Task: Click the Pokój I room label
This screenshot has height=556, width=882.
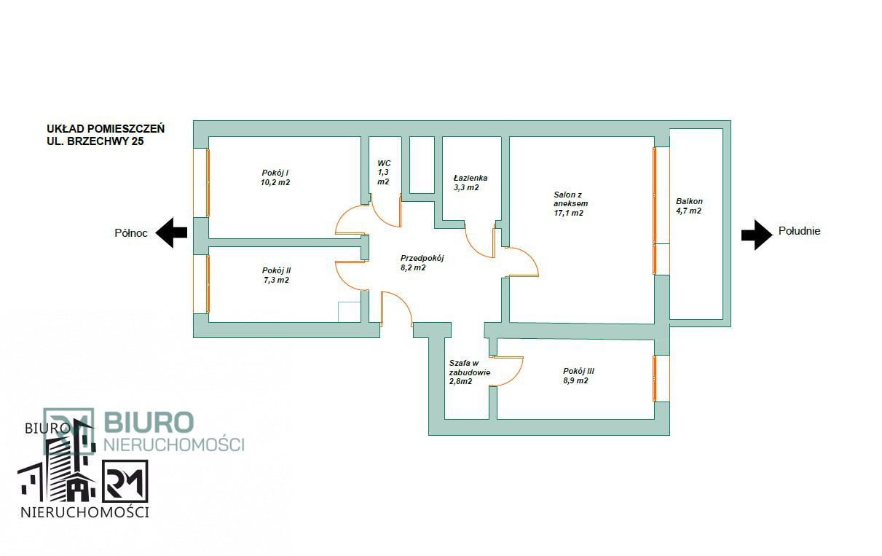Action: tap(275, 178)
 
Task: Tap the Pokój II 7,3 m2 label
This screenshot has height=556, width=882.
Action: tap(276, 275)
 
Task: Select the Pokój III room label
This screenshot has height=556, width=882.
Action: tap(578, 376)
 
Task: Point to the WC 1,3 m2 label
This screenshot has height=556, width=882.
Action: tap(384, 172)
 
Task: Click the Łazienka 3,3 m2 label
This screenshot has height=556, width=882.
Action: tap(470, 183)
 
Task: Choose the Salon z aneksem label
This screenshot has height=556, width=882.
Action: tap(570, 204)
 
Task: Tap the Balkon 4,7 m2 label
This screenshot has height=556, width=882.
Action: tap(689, 206)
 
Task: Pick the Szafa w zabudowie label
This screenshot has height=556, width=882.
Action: tap(469, 372)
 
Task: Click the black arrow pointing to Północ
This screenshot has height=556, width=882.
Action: tap(171, 232)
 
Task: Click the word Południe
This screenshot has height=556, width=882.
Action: tap(799, 231)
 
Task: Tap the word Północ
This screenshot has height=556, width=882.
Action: tap(130, 233)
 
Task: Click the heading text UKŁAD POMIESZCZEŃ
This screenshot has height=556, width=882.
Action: tap(106, 128)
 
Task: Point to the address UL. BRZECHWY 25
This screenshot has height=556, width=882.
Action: tap(95, 141)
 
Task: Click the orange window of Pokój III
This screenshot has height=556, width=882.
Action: tap(655, 378)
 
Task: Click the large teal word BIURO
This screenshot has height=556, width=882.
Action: tap(149, 422)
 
